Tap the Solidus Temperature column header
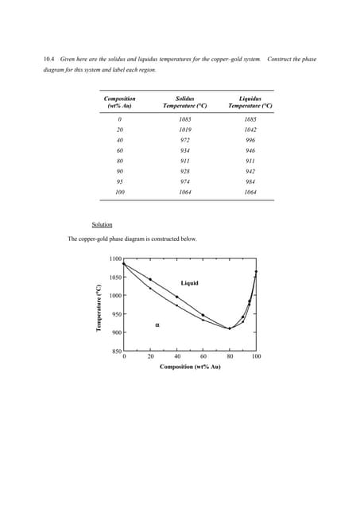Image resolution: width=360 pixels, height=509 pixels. (184, 102)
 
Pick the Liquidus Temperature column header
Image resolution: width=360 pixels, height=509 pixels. (250, 102)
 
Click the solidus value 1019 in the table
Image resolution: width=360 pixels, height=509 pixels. (184, 129)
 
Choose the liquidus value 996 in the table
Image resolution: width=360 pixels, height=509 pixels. (250, 139)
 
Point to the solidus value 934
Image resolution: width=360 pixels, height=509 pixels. (184, 150)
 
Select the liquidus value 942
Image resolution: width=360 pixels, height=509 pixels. (250, 170)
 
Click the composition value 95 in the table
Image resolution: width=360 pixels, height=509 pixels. (120, 181)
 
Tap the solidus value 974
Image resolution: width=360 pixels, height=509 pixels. (184, 181)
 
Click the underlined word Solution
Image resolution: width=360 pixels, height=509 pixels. (102, 224)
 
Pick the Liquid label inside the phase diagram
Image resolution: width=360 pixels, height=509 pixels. (189, 283)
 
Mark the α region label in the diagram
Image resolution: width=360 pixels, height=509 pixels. (157, 324)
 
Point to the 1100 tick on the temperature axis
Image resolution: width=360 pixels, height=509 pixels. (115, 259)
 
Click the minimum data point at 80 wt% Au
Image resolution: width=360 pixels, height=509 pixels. (230, 328)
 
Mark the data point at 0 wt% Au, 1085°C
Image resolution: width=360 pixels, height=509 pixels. (124, 264)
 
